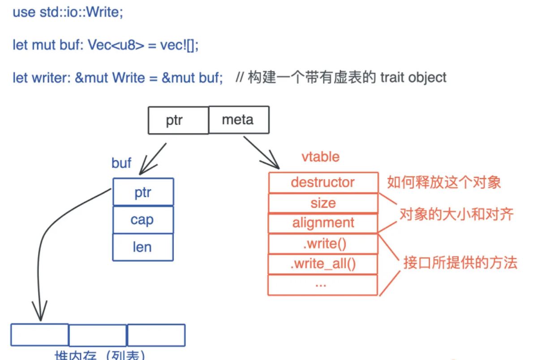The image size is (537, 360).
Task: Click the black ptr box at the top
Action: (x=178, y=120)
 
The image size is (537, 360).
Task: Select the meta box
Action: (x=238, y=120)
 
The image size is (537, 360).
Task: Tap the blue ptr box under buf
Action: (x=143, y=192)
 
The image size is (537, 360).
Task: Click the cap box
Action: (x=142, y=220)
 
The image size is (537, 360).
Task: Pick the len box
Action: (x=142, y=247)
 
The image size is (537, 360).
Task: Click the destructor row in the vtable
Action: (x=322, y=182)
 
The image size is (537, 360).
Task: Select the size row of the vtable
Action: (x=322, y=203)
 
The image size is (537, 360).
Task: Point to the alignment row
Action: (x=322, y=223)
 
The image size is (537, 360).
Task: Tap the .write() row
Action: (x=322, y=244)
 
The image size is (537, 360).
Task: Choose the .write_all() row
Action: (x=322, y=264)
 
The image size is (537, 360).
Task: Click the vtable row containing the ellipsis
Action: (x=322, y=284)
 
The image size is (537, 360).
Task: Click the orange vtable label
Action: (x=321, y=157)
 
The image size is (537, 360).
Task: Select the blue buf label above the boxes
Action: (x=121, y=163)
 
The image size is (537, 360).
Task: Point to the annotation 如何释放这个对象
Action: (x=444, y=182)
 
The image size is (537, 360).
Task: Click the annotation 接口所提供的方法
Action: (x=460, y=263)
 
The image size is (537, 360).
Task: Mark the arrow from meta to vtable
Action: (x=261, y=152)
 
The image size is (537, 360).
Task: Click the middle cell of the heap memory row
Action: (x=98, y=335)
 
